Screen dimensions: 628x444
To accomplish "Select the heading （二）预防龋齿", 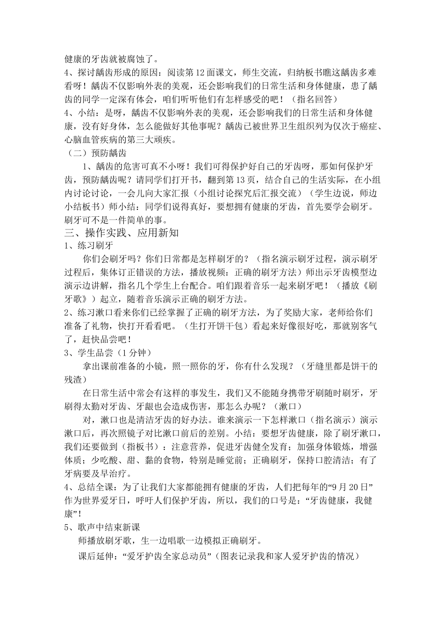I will coord(96,153).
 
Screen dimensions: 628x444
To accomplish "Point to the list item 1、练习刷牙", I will coord(88,246).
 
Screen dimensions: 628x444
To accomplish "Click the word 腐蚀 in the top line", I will coord(136,59).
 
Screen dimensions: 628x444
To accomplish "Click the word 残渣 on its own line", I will coord(74,379).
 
